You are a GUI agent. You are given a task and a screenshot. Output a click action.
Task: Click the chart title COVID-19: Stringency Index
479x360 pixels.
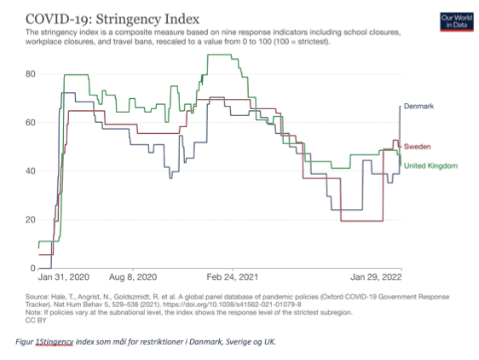pos(113,19)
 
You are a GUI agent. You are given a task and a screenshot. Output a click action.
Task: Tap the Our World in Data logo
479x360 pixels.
pos(457,21)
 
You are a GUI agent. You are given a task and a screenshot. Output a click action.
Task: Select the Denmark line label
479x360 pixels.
pos(418,106)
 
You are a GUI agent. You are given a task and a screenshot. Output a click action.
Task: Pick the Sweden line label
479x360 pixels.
pos(418,147)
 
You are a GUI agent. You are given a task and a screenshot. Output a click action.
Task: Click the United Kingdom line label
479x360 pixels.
pos(430,165)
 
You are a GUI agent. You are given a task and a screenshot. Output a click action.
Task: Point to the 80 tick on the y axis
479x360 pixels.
pos(31,73)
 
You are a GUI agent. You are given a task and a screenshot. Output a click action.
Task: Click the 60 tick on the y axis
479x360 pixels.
pos(31,122)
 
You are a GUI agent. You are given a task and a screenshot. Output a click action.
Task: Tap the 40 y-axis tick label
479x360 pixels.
pos(31,171)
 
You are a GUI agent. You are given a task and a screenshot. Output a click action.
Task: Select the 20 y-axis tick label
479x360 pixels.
pos(31,219)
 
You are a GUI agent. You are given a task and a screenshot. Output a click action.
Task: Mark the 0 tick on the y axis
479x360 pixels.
pos(33,268)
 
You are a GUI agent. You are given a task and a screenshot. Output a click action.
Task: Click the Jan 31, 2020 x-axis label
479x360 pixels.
pos(64,277)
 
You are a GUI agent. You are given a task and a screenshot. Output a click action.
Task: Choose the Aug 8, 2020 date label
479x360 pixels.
pos(133,277)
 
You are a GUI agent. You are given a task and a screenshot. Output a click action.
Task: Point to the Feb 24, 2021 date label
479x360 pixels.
pos(233,277)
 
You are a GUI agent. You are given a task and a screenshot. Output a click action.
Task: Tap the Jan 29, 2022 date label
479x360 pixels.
pos(376,277)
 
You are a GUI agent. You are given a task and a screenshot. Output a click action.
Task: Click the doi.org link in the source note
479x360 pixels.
pos(232,305)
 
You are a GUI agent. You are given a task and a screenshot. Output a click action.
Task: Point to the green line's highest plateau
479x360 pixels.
pos(219,55)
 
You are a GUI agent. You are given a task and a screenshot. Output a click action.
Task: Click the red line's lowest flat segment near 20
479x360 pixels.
pos(361,221)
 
